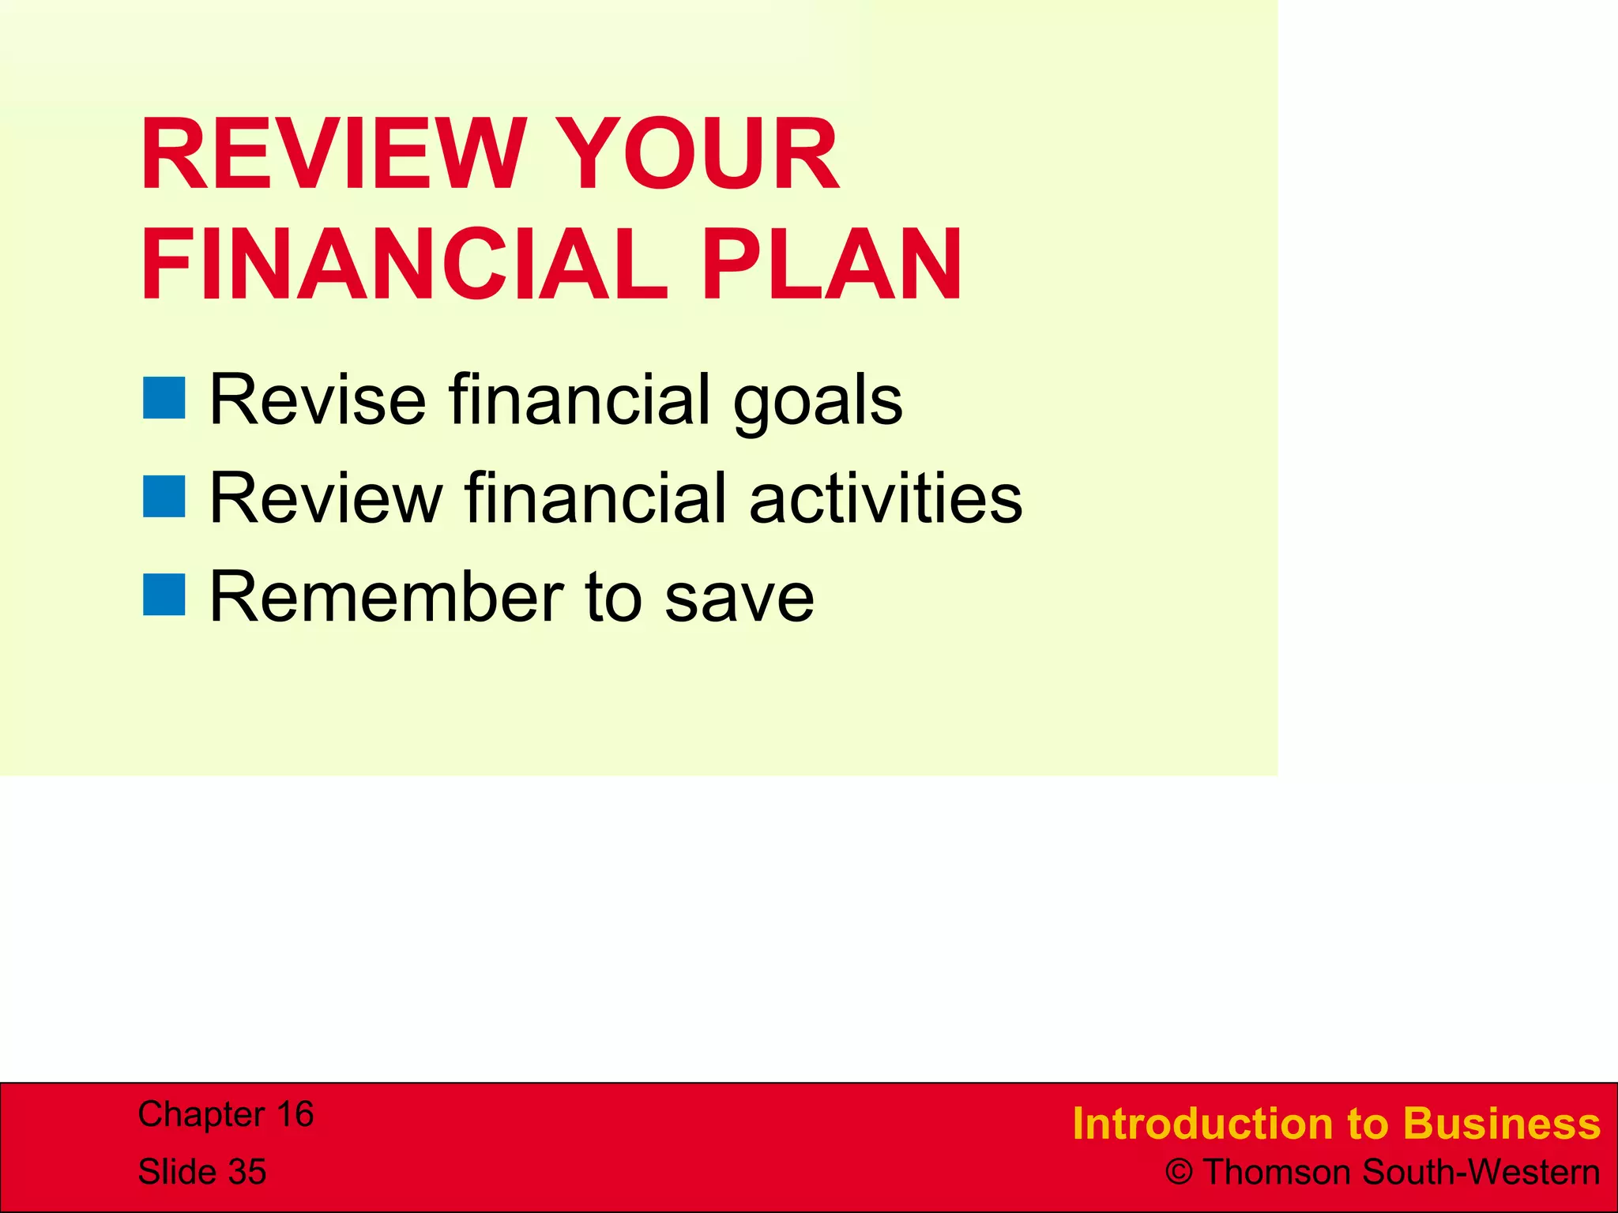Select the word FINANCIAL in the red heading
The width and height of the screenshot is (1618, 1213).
click(404, 265)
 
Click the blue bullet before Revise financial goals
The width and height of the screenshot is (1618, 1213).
click(164, 397)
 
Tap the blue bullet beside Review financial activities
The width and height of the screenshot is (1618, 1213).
click(164, 496)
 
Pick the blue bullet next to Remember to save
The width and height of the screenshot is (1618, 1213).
click(164, 595)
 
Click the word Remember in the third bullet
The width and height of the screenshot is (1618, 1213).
click(387, 597)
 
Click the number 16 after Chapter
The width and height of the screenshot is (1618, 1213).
click(295, 1114)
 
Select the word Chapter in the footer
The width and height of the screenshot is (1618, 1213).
click(201, 1114)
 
